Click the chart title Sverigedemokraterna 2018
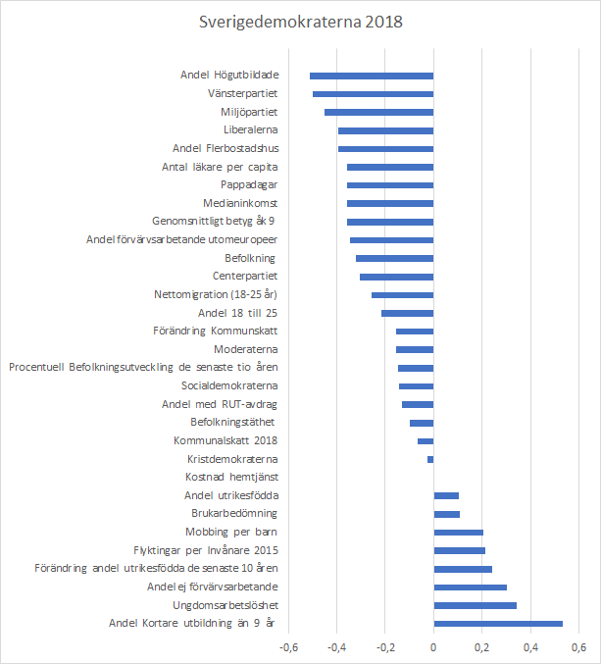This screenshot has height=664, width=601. (300, 21)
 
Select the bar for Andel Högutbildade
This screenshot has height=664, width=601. (372, 76)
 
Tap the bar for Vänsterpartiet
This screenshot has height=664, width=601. (373, 94)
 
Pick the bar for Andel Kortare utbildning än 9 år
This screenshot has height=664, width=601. (498, 623)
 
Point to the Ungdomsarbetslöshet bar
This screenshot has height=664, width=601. (475, 605)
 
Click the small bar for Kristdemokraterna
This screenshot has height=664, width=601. (430, 459)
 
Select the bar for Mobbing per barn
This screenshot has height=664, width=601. (458, 533)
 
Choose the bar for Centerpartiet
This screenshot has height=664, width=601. (396, 277)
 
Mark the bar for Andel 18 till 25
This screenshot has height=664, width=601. (407, 313)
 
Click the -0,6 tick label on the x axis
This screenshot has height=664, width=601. (288, 647)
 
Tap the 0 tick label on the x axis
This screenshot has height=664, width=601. (433, 647)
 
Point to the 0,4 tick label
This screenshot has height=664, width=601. (530, 647)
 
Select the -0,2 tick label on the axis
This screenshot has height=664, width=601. (384, 647)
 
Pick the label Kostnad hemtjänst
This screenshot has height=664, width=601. (230, 477)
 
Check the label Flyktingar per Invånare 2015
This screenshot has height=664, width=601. (206, 550)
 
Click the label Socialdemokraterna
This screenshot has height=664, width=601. (229, 385)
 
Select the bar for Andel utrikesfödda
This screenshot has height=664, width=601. (446, 495)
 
